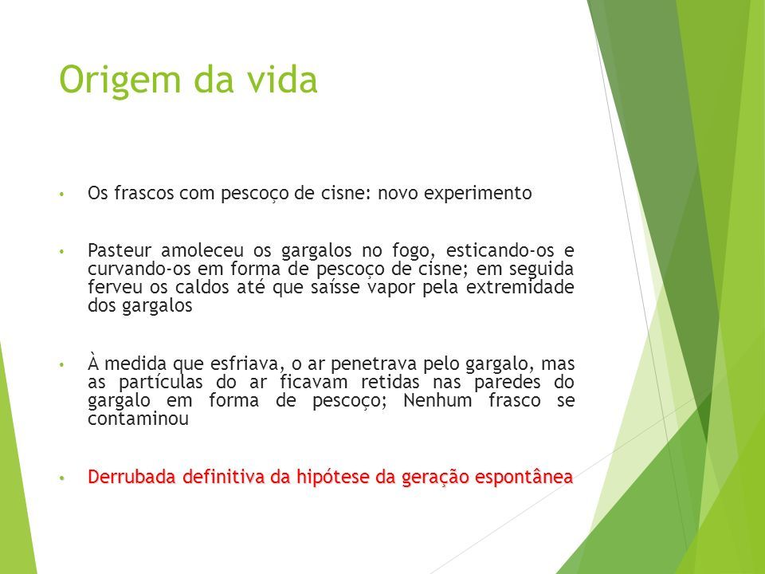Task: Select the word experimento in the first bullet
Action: point(477,194)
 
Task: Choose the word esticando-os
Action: point(500,250)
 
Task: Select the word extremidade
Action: point(520,287)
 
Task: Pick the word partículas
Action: point(160,383)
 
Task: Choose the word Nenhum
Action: point(437,401)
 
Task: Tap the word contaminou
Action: point(138,419)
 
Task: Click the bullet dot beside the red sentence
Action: point(61,478)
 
